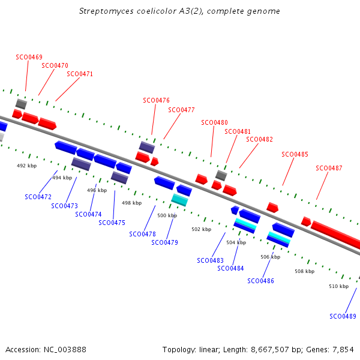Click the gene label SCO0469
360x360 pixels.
pyautogui.click(x=29, y=57)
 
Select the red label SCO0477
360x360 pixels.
pyautogui.click(x=181, y=110)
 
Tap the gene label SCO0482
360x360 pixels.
pyautogui.click(x=259, y=139)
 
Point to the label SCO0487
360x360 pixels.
pyautogui.click(x=329, y=168)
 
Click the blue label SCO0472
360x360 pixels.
pyautogui.click(x=38, y=197)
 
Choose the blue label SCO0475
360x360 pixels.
pyautogui.click(x=112, y=223)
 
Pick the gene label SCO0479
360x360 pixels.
pyautogui.click(x=164, y=242)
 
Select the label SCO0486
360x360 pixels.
pyautogui.click(x=260, y=281)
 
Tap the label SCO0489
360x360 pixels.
pyautogui.click(x=343, y=316)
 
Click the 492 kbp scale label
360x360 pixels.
pyautogui.click(x=26, y=166)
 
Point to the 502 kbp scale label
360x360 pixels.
pyautogui.click(x=202, y=229)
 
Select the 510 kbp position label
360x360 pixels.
pyautogui.click(x=338, y=286)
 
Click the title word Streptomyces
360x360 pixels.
pyautogui.click(x=106, y=11)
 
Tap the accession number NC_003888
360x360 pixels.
pyautogui.click(x=65, y=350)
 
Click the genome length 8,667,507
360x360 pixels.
pyautogui.click(x=270, y=350)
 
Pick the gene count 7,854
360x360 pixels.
pyautogui.click(x=343, y=350)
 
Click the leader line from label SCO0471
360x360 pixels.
pyautogui.click(x=67, y=89)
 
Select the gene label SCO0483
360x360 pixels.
pyautogui.click(x=211, y=260)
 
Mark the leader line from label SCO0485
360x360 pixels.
pyautogui.click(x=288, y=172)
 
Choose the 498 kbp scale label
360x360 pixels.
pyautogui.click(x=131, y=203)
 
